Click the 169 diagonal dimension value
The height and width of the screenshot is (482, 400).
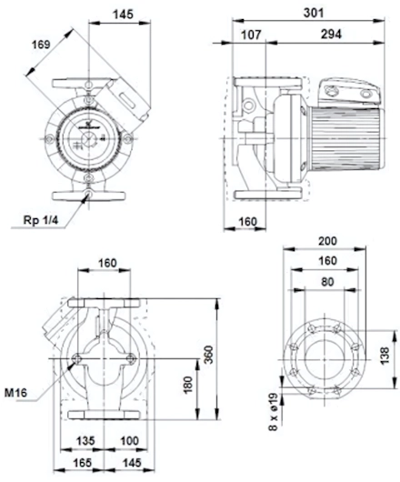click(41, 45)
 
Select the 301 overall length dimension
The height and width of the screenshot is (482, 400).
click(314, 13)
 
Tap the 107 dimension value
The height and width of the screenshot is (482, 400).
click(251, 35)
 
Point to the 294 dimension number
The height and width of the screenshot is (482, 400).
click(331, 35)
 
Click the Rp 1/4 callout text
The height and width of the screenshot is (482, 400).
click(40, 220)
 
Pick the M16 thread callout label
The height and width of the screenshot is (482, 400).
click(15, 393)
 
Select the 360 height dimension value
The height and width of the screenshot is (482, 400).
click(209, 355)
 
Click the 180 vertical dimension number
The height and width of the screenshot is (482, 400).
click(187, 385)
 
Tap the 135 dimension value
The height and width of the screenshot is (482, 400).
click(85, 441)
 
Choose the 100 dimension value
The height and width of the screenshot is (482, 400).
click(129, 441)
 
